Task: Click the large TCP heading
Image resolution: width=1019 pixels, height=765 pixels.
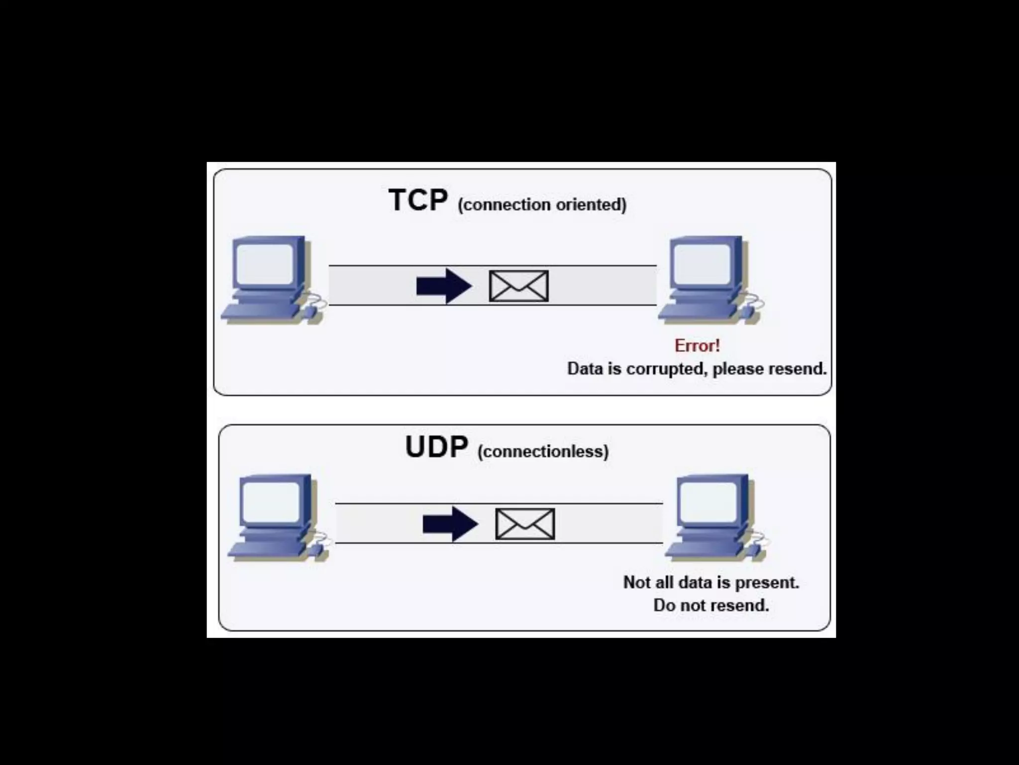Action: point(418,200)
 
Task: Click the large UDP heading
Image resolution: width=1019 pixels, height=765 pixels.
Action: point(436,447)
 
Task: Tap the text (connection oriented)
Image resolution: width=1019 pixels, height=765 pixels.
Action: point(542,205)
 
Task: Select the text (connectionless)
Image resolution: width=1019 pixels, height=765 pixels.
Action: point(543,451)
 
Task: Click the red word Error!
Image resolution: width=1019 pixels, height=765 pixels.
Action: point(697,345)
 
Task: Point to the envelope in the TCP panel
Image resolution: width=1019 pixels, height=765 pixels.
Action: point(518,286)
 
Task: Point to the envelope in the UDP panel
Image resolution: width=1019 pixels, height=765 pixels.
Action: point(525,524)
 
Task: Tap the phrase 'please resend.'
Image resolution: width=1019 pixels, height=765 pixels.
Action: point(769,369)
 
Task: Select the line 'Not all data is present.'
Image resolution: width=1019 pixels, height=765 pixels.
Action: point(711,582)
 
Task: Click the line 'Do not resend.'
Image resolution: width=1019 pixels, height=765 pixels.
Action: point(711,605)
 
